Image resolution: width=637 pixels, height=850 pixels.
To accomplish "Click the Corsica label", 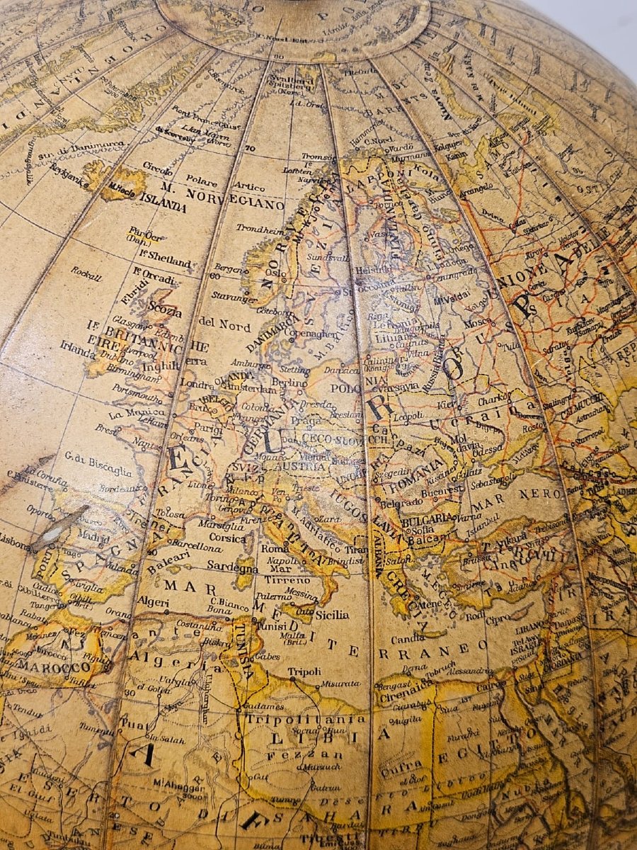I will pos(227,538).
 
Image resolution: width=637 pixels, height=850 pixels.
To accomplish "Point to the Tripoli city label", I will pos(304,671).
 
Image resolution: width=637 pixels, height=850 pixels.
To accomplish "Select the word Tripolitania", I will pos(306,718).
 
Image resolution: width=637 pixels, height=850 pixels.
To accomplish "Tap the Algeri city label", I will pos(151,603).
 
